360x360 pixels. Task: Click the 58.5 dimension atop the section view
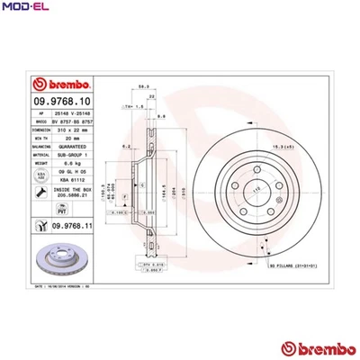coord(144,87)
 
